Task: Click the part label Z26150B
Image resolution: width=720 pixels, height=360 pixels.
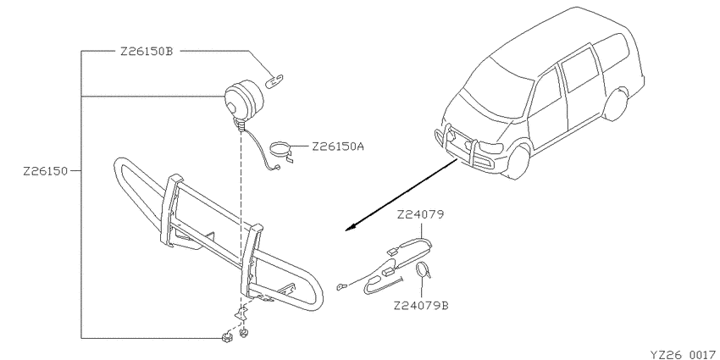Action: click(x=147, y=52)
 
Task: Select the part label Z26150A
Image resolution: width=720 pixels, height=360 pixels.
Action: click(x=338, y=147)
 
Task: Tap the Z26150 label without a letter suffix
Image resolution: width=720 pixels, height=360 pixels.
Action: click(x=46, y=171)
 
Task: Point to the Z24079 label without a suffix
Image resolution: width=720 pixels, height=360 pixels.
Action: click(x=421, y=214)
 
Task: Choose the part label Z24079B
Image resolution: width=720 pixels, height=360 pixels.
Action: click(x=421, y=305)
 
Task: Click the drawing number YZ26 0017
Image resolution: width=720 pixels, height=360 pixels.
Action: click(x=684, y=355)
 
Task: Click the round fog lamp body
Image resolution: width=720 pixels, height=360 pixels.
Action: click(x=244, y=100)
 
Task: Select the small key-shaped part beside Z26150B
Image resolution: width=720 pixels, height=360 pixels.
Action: click(x=274, y=80)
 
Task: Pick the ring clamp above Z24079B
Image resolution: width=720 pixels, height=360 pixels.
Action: click(x=423, y=270)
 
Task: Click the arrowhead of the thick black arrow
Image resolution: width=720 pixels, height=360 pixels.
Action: click(x=351, y=227)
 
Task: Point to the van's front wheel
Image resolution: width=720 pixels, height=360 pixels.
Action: click(x=520, y=162)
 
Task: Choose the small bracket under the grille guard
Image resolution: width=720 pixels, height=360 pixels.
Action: click(x=241, y=314)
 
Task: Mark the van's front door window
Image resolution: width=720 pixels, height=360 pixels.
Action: click(x=546, y=97)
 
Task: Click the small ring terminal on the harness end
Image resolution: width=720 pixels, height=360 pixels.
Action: click(x=341, y=286)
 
